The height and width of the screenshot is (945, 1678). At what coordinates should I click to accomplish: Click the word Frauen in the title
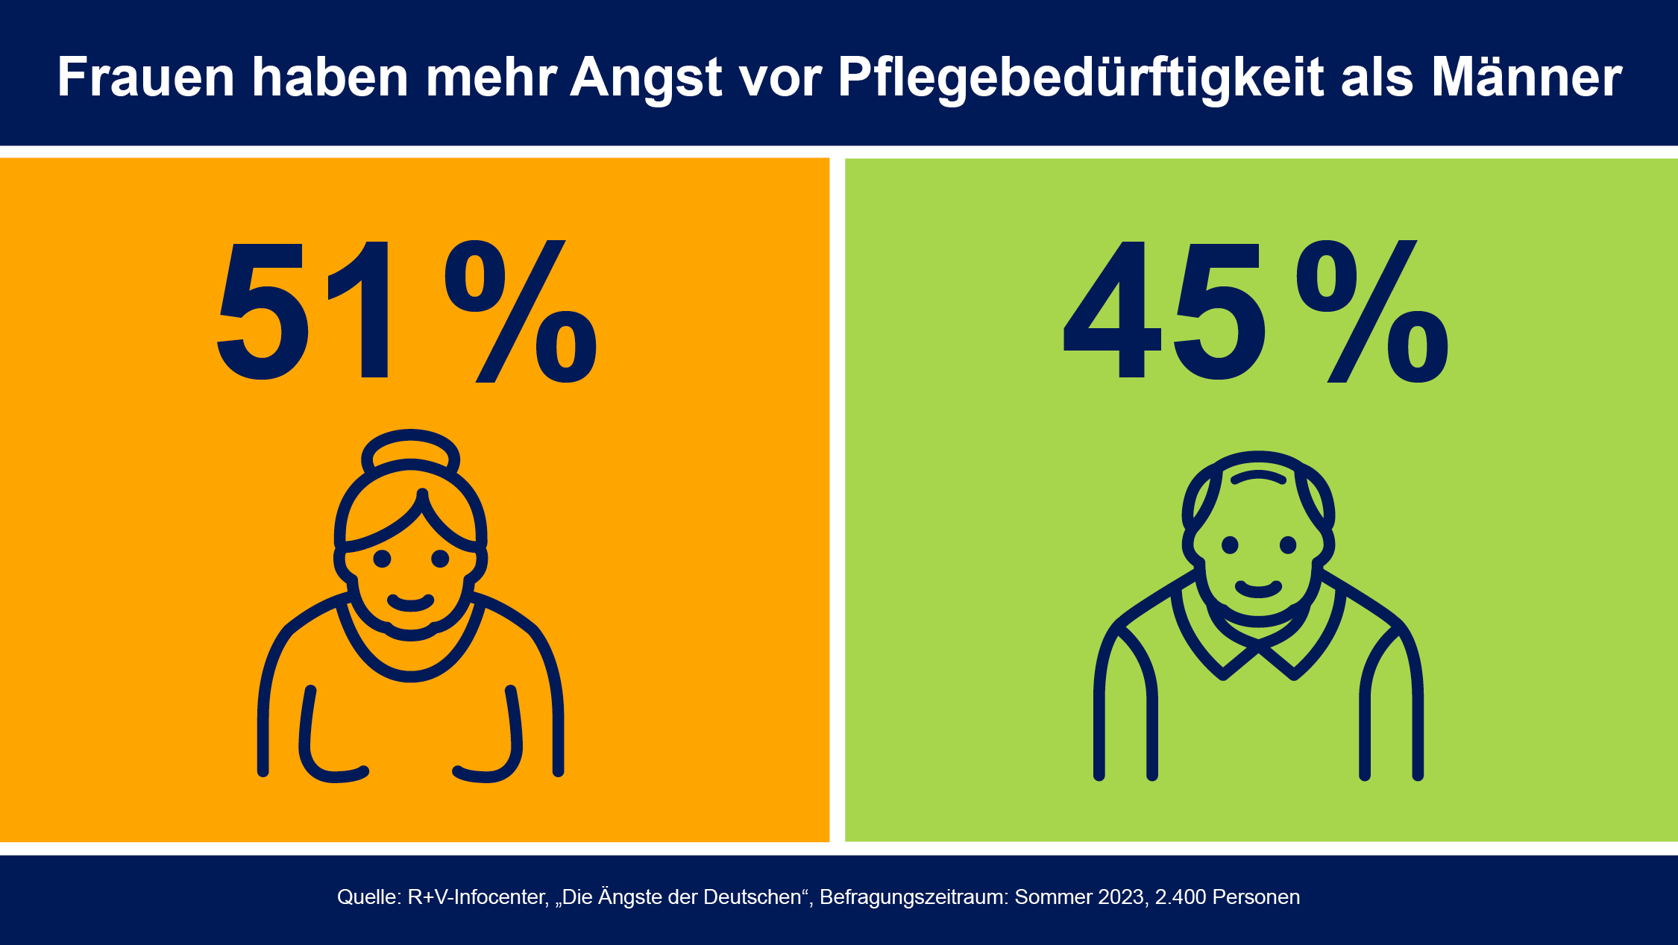pyautogui.click(x=146, y=77)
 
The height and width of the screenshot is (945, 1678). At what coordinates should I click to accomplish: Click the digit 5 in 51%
pyautogui.click(x=262, y=311)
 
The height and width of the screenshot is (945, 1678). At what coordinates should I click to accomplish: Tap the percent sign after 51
pyautogui.click(x=521, y=311)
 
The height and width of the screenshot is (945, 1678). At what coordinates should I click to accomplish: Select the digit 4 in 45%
pyautogui.click(x=1112, y=310)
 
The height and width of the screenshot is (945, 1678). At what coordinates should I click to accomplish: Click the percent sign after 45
pyautogui.click(x=1372, y=311)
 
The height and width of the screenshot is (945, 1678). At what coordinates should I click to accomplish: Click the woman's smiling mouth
pyautogui.click(x=411, y=603)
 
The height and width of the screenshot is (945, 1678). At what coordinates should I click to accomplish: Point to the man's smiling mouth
pyautogui.click(x=1258, y=589)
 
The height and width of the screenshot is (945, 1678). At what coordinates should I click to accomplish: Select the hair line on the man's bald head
pyautogui.click(x=1258, y=476)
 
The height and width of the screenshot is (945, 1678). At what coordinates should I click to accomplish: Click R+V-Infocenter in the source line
pyautogui.click(x=478, y=897)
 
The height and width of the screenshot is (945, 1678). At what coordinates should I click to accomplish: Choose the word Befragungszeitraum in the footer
pyautogui.click(x=914, y=897)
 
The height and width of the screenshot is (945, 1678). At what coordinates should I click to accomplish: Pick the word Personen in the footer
pyautogui.click(x=1256, y=897)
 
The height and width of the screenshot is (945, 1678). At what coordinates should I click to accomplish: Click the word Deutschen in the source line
pyautogui.click(x=757, y=897)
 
